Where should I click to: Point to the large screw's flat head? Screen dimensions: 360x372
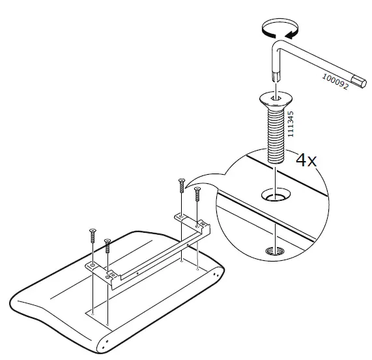click(x=274, y=98)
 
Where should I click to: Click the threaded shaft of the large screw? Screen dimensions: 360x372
click(x=275, y=134)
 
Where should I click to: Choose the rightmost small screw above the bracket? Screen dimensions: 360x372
click(x=197, y=196)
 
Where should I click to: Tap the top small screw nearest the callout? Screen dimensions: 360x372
click(x=181, y=187)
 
